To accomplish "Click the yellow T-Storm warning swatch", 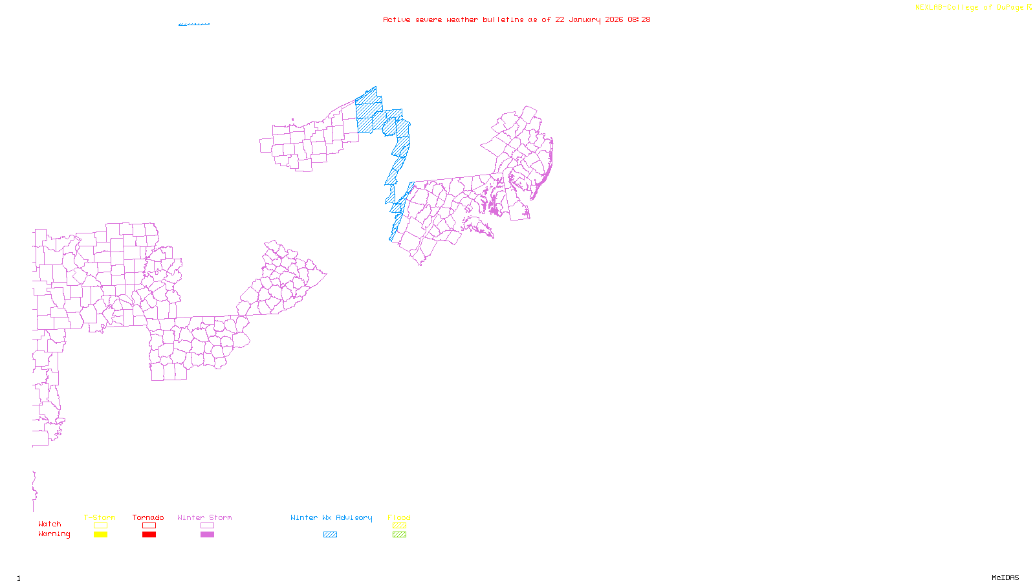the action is click(100, 535).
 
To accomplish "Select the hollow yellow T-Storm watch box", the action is click(100, 526).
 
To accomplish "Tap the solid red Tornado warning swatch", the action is click(149, 535).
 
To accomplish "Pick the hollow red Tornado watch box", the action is click(149, 526).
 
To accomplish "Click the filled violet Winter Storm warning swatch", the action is click(207, 535).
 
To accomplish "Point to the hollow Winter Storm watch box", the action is click(207, 526).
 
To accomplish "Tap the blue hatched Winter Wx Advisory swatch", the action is click(330, 535).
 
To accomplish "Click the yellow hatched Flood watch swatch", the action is click(399, 526).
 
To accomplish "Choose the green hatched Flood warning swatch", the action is click(399, 535).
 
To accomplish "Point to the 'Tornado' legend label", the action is click(148, 517).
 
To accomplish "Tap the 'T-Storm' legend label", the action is click(100, 517).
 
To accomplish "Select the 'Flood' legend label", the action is click(399, 517).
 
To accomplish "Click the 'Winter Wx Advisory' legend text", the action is click(331, 517).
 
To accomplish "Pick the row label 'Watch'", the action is click(50, 524).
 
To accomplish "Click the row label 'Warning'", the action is click(54, 534).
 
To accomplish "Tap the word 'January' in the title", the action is click(585, 20).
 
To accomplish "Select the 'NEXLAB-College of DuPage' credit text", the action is click(969, 8).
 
